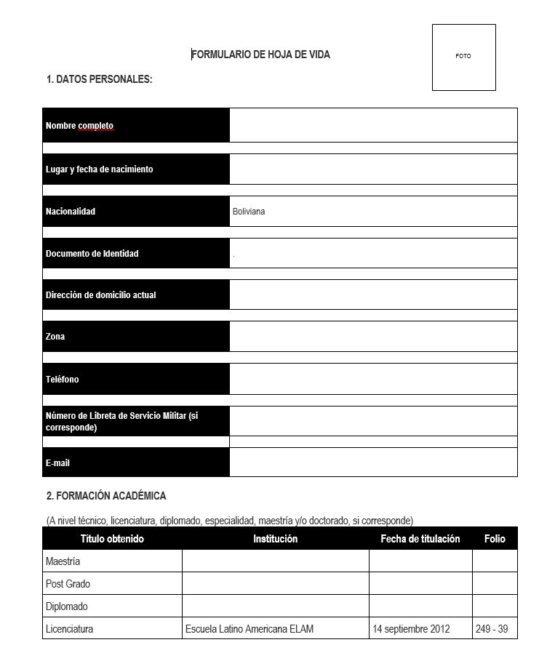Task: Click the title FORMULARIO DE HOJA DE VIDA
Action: tap(260, 55)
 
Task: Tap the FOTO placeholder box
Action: tap(463, 57)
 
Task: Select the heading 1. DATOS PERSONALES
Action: tap(99, 79)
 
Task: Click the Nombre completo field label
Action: tap(79, 126)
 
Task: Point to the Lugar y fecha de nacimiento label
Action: tap(99, 169)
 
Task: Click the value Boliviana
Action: tap(249, 212)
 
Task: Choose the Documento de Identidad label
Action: tap(92, 254)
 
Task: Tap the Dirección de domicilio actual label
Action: tap(100, 295)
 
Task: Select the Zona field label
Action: tap(55, 337)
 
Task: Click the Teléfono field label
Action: tap(62, 380)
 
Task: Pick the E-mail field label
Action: tap(57, 462)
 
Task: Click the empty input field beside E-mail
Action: tap(372, 462)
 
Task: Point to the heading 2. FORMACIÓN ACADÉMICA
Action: tap(106, 496)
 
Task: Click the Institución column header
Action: tap(275, 539)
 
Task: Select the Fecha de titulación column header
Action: tap(420, 539)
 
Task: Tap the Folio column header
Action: tap(495, 539)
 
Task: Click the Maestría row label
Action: tap(63, 561)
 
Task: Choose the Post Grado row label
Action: tap(68, 584)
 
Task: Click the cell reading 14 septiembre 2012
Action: tap(411, 629)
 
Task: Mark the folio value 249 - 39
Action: tap(492, 629)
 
